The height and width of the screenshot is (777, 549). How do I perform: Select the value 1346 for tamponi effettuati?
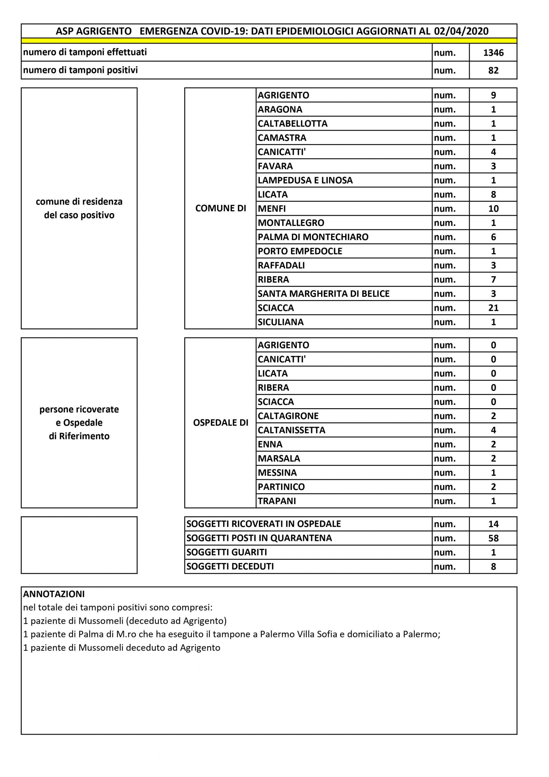(x=493, y=53)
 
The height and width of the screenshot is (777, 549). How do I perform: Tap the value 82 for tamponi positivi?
(x=493, y=70)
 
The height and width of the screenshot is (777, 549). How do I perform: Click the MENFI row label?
(x=272, y=209)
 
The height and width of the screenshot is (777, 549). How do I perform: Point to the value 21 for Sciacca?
(x=493, y=308)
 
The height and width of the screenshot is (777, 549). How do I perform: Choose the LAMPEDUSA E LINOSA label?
(x=305, y=180)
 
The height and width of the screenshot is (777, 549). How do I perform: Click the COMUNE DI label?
(x=220, y=209)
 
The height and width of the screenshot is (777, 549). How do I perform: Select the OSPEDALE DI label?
(x=220, y=423)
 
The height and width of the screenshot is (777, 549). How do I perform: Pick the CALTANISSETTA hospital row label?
(x=291, y=430)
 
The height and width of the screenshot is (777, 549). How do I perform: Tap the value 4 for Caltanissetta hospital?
(x=493, y=430)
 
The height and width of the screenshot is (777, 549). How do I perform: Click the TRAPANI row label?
(x=277, y=501)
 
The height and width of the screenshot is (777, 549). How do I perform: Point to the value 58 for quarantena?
(x=493, y=538)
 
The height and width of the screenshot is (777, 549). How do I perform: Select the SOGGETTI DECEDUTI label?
(x=230, y=566)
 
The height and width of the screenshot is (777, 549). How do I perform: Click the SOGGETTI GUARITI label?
(x=226, y=552)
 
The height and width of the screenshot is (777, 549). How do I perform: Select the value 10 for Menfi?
(x=493, y=209)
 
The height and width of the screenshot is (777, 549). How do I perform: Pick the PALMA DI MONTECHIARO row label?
(x=313, y=237)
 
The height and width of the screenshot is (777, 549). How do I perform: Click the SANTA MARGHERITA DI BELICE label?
(x=323, y=294)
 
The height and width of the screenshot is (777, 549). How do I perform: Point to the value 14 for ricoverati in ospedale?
(x=493, y=524)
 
